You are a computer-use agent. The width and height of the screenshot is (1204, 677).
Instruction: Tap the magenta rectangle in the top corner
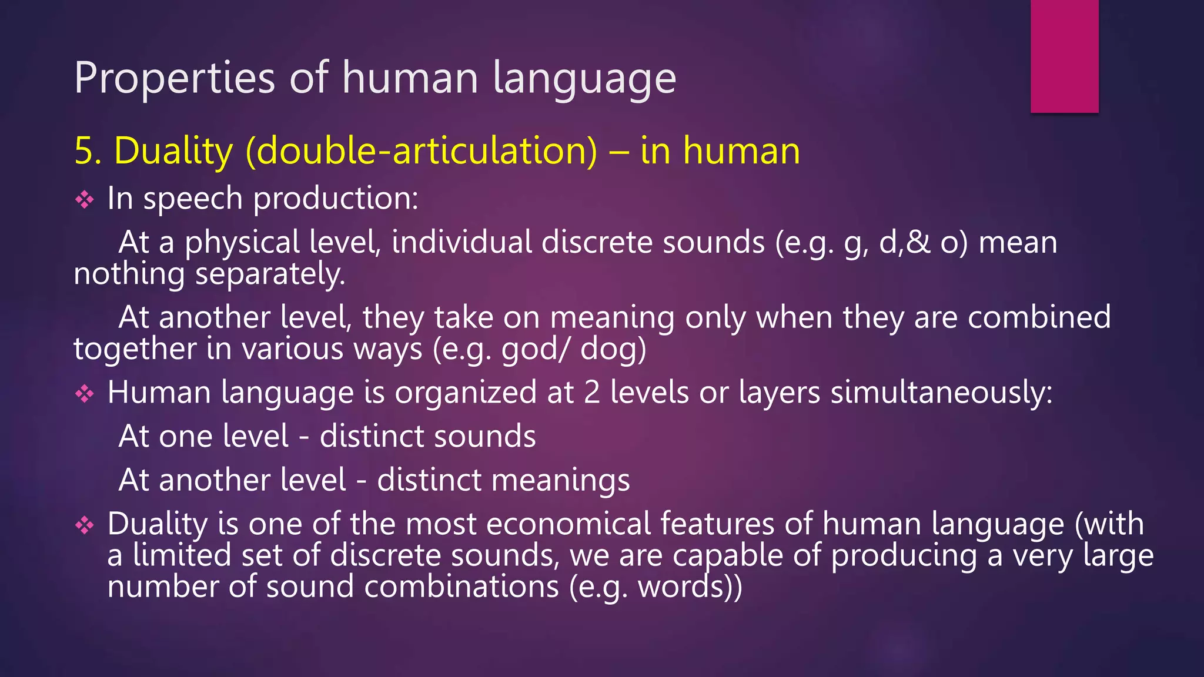tap(1064, 56)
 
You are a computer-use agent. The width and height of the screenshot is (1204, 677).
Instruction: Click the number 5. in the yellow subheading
tap(88, 151)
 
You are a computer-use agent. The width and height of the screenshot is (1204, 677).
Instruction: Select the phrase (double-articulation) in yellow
tap(422, 151)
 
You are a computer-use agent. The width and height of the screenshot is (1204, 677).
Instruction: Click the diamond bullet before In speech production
tap(85, 200)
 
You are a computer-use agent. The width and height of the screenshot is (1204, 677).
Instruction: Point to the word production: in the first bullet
tap(336, 199)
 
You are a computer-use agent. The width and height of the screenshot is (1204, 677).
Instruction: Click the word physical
tap(242, 243)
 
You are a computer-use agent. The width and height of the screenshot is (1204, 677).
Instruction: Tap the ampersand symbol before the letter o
tap(918, 243)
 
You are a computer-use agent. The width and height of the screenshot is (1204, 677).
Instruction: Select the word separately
tap(270, 274)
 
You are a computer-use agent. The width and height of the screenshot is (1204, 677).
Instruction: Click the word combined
tap(1039, 317)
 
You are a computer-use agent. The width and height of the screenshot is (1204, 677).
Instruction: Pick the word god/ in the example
tap(535, 350)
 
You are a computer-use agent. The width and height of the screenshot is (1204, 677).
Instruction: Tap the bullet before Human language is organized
tap(85, 394)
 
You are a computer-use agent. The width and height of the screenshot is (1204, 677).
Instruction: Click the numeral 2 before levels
tap(592, 393)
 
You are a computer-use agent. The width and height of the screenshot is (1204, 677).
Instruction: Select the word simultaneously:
tap(941, 393)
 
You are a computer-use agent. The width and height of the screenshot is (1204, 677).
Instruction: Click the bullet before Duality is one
tap(85, 525)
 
